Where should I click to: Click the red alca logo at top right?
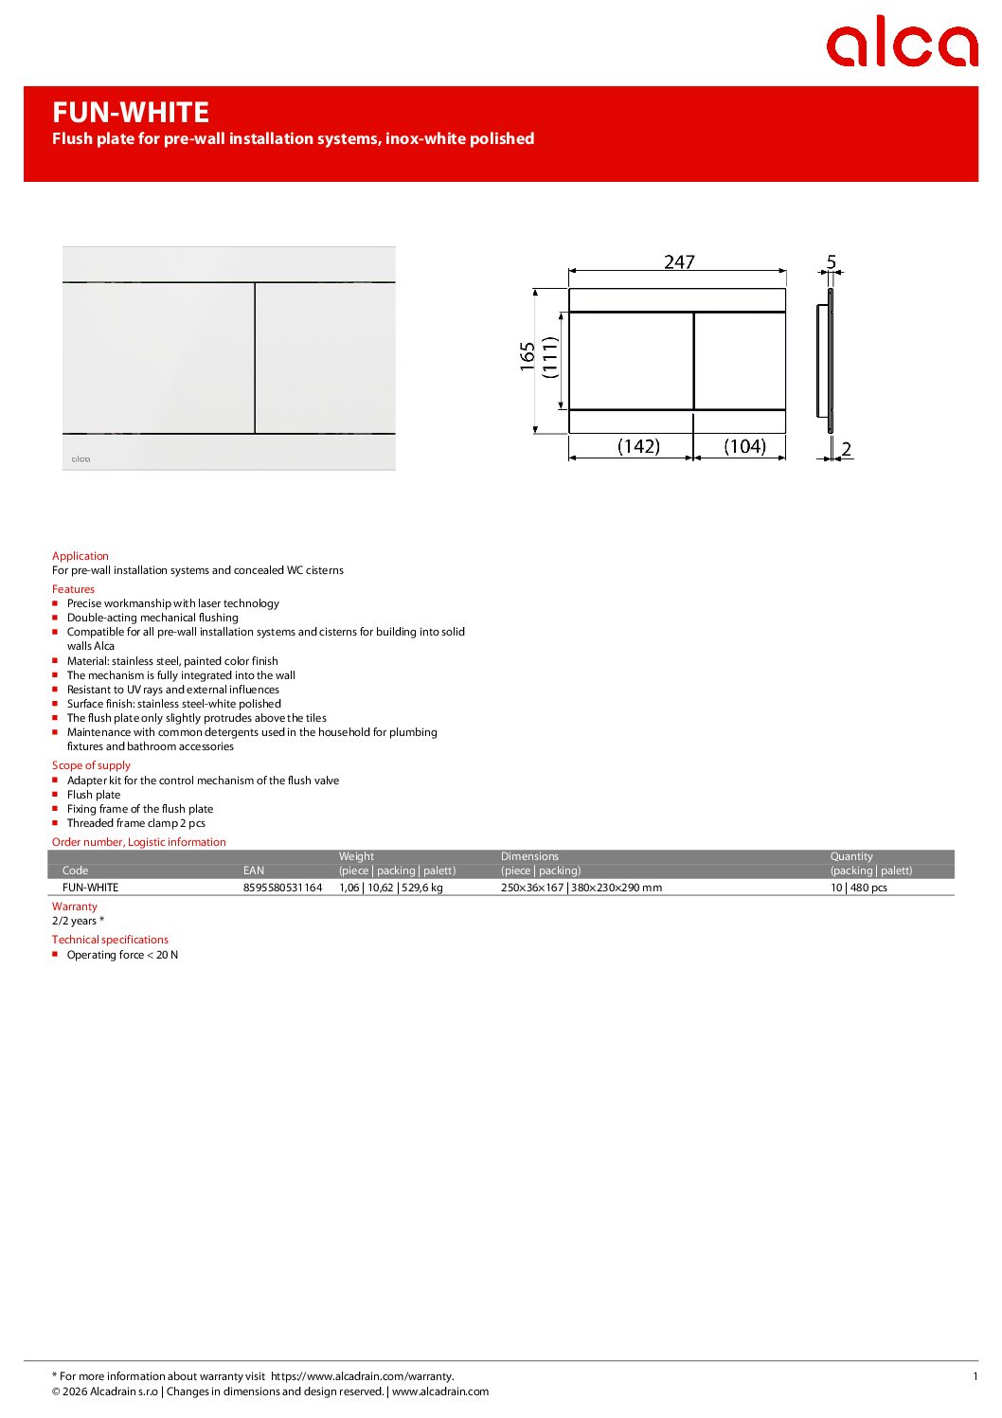(901, 42)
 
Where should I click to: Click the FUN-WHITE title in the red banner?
(131, 113)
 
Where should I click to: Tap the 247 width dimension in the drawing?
(679, 261)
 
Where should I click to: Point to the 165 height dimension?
(528, 356)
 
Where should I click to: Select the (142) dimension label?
(638, 446)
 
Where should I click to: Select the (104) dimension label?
(744, 446)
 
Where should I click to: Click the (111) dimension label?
(550, 357)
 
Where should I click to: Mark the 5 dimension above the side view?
(832, 261)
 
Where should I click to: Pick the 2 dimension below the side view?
(846, 449)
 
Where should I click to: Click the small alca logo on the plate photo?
(81, 459)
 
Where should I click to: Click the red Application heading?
(81, 556)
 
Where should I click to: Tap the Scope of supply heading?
(91, 765)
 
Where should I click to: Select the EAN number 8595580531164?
(282, 888)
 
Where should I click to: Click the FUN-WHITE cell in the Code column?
(90, 888)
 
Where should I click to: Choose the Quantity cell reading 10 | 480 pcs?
(858, 888)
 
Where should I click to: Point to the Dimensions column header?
(529, 856)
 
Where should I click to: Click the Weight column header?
(356, 856)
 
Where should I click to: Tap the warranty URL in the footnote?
(362, 1376)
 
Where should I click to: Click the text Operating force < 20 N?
(122, 955)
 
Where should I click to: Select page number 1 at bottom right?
(975, 1376)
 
